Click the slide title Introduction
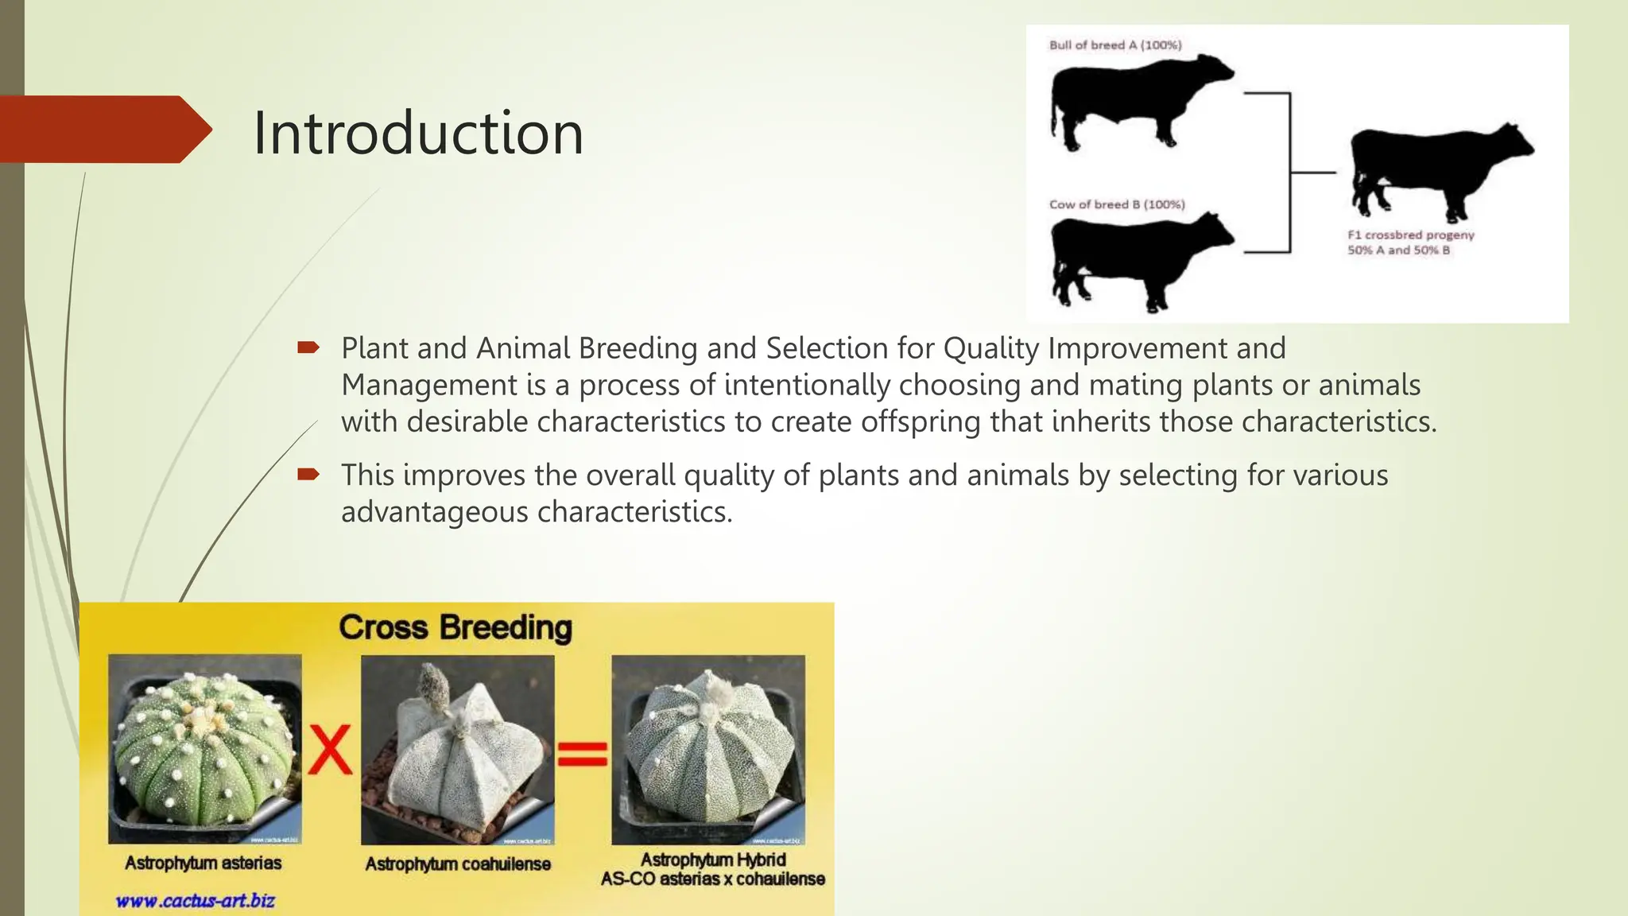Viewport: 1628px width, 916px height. tap(418, 133)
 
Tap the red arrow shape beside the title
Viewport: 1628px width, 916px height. tap(103, 130)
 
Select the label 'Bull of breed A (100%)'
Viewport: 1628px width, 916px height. tap(1114, 45)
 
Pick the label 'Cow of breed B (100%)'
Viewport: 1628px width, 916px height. tap(1116, 204)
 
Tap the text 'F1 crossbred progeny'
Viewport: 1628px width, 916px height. tap(1410, 235)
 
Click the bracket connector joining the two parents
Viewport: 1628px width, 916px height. tap(1289, 173)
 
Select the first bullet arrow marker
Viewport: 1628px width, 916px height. tap(308, 347)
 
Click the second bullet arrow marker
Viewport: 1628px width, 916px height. tap(308, 475)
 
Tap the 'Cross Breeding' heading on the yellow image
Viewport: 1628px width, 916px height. tap(455, 627)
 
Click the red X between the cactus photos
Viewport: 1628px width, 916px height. tap(330, 749)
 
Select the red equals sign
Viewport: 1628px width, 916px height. tap(582, 753)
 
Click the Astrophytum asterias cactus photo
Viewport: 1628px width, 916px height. tap(204, 748)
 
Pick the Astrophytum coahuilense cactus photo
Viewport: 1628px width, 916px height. tap(457, 749)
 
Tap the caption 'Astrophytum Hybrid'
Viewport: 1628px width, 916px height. tap(713, 860)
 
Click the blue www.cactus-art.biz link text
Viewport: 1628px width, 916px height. tap(195, 901)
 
